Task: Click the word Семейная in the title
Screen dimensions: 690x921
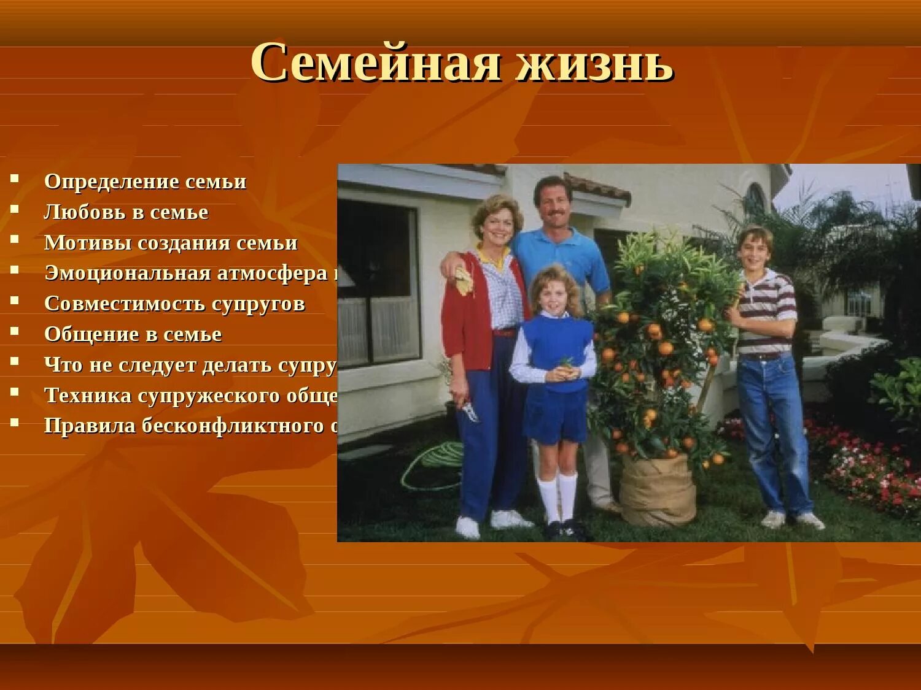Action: coord(375,63)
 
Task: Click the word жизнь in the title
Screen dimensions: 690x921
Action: coord(594,63)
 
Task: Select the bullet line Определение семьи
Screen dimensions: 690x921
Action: coord(145,182)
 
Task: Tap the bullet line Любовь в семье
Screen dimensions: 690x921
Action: coord(126,213)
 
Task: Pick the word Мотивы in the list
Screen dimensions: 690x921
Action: coord(87,243)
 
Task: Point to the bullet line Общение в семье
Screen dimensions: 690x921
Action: coord(133,335)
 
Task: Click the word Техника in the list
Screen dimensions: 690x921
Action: coord(88,396)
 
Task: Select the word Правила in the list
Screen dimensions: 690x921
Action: coord(90,426)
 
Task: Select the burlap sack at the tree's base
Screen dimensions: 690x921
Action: coord(657,491)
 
